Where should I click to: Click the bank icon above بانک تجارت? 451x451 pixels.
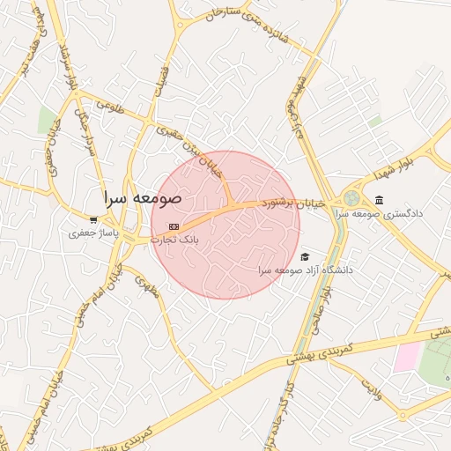tap(174, 226)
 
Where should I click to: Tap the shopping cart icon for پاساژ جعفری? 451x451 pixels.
tap(94, 219)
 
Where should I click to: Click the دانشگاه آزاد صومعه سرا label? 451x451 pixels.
tap(306, 270)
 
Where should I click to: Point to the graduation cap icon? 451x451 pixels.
tap(305, 256)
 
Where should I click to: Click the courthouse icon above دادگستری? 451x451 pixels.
tap(379, 199)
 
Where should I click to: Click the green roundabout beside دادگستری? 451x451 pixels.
tap(351, 199)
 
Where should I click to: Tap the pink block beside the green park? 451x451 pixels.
tap(407, 356)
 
